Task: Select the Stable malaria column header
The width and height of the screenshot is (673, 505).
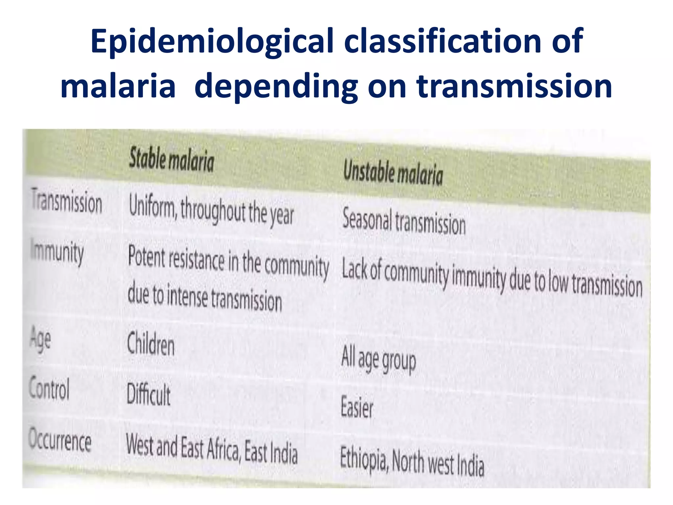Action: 171,160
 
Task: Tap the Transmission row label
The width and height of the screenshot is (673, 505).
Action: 67,201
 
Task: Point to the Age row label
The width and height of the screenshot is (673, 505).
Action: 40,338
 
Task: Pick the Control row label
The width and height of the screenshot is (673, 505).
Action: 49,388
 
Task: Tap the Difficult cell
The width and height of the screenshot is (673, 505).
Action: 149,394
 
